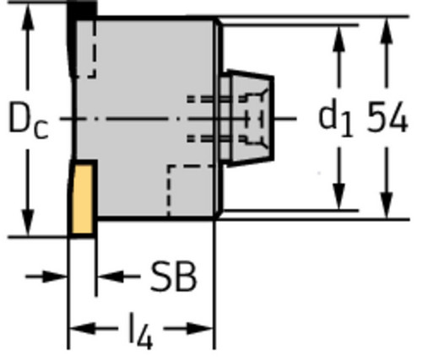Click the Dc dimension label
coord(29,121)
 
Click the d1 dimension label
coord(335,121)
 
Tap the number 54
coord(387,117)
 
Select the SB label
coord(173,276)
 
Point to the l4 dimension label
coord(141,330)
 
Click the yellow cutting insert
coord(82,199)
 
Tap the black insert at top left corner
coord(82,11)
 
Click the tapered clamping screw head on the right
coord(252,118)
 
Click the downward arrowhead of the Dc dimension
coord(28,223)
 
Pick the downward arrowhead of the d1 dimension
coord(338,196)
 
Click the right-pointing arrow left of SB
coord(46,277)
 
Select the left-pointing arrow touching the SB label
coord(118,277)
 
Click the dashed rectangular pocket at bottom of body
coord(191,191)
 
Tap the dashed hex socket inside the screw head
coord(255,119)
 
